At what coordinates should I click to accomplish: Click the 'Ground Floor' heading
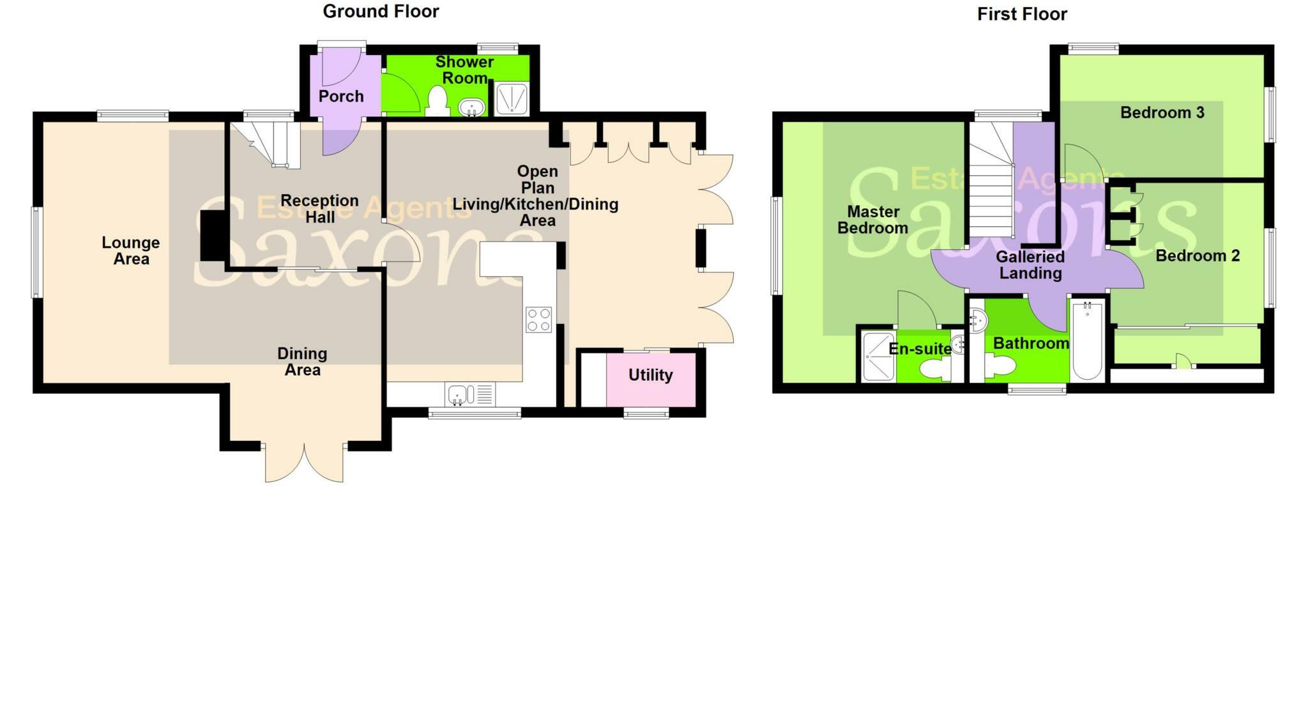tap(381, 12)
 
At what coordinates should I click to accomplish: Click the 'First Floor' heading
tap(1022, 14)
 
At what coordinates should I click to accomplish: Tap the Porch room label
tap(341, 96)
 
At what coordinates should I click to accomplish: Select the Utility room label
tap(650, 375)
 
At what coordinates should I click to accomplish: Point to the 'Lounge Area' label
tap(131, 250)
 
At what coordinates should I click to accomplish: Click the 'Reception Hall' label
tap(319, 209)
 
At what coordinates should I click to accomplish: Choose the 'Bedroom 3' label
tap(1162, 112)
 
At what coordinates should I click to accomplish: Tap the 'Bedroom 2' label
tap(1198, 256)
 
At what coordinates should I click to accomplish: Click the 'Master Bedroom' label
tap(872, 220)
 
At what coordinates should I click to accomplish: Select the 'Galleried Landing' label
tap(1030, 265)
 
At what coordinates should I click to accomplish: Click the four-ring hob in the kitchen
tap(538, 319)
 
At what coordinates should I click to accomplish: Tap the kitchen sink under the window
tap(458, 394)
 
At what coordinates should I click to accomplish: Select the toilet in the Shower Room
tap(437, 101)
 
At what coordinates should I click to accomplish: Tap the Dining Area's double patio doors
tap(304, 462)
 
